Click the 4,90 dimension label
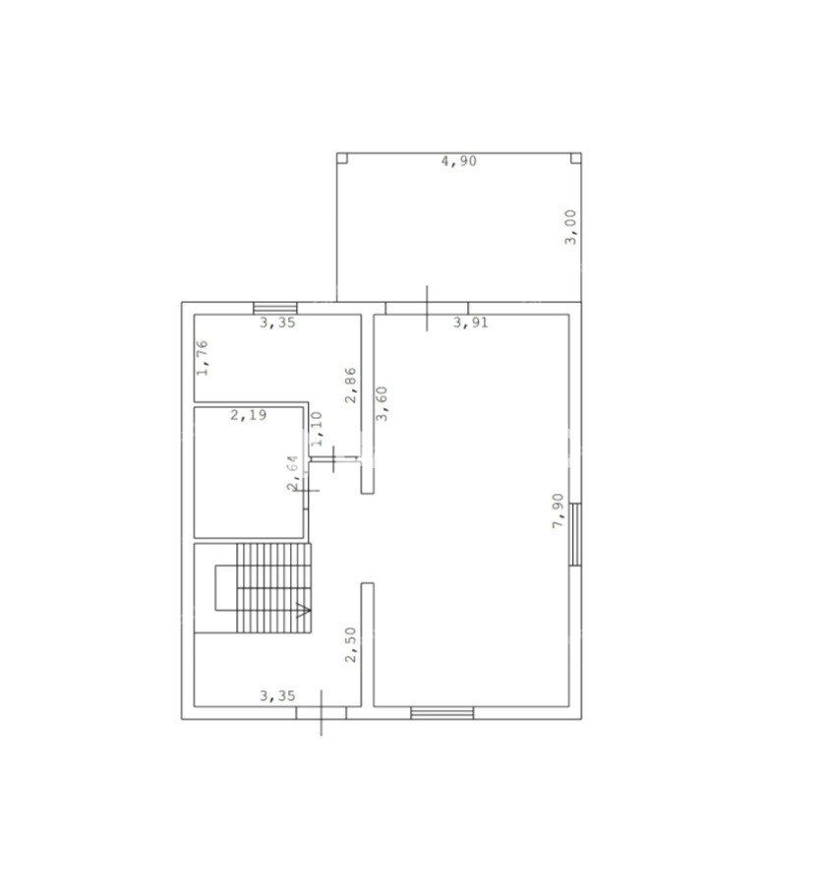[459, 161]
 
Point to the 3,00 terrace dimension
[570, 227]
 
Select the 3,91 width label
[471, 323]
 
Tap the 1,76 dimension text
[203, 358]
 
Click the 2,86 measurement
[351, 386]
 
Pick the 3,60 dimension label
[382, 403]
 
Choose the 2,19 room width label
[249, 415]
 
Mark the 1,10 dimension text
[317, 428]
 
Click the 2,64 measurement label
[293, 473]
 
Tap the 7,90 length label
[559, 510]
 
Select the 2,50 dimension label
[351, 645]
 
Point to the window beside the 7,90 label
[575, 534]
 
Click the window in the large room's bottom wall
[442, 713]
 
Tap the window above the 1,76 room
[275, 308]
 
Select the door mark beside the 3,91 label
[427, 308]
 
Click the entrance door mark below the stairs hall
[321, 713]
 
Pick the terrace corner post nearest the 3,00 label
[576, 158]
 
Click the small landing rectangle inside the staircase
[226, 588]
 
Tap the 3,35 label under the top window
[277, 323]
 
